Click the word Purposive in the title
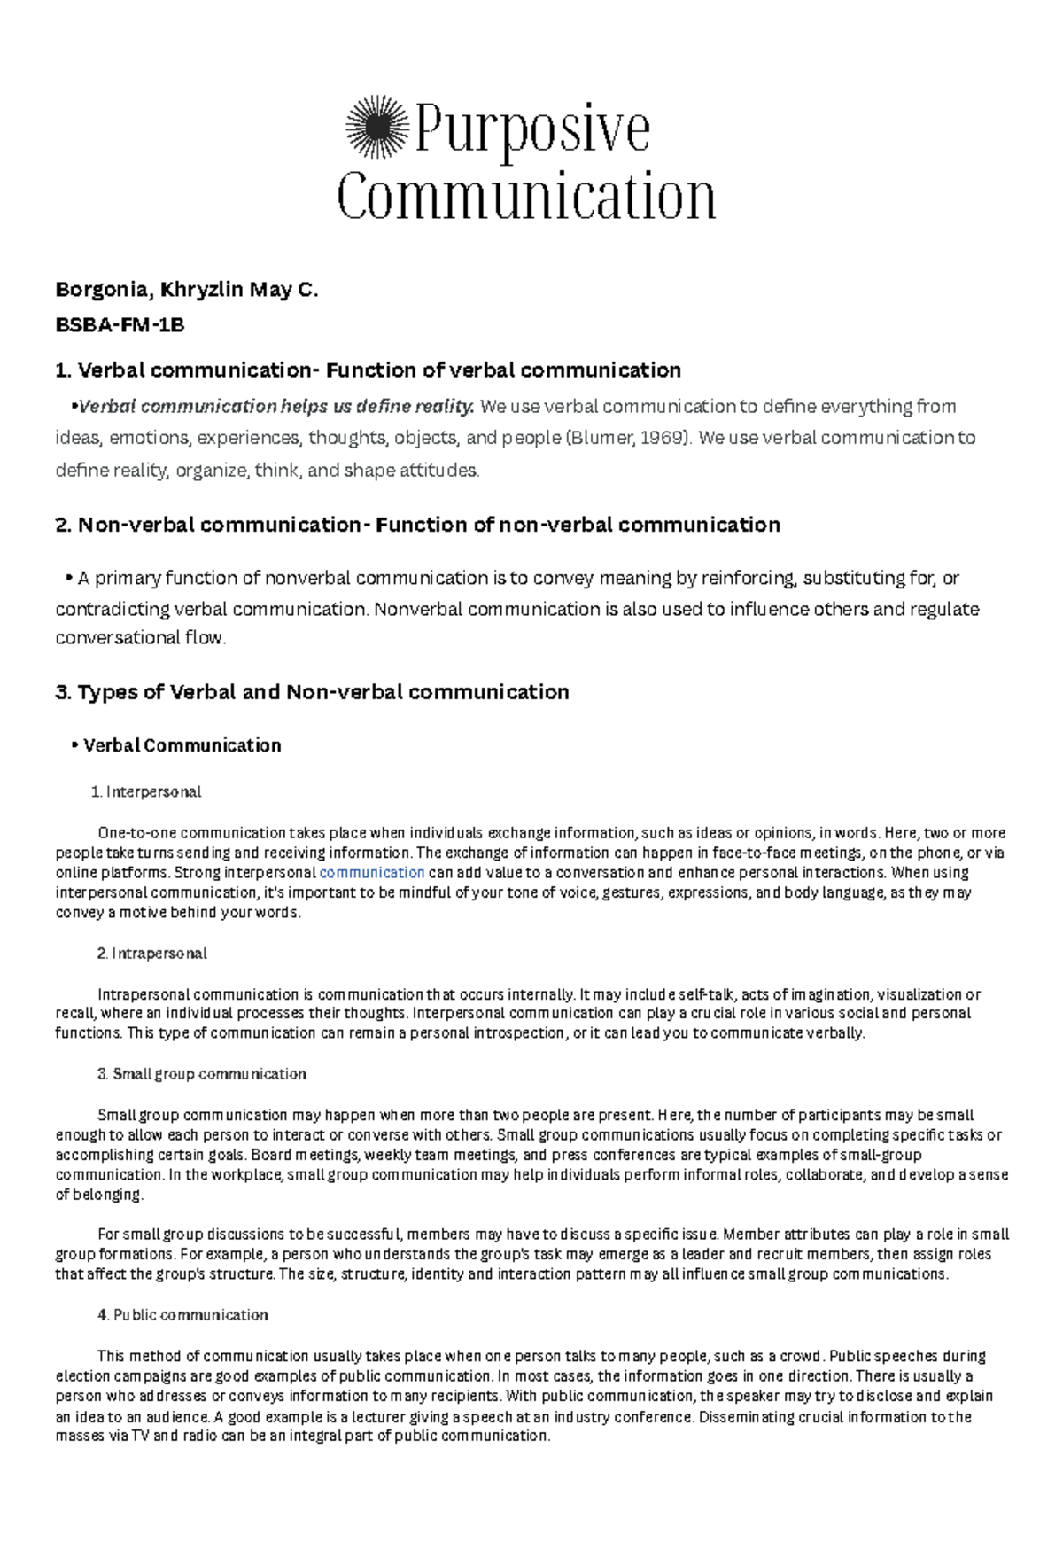click(x=531, y=129)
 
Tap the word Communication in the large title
click(x=526, y=197)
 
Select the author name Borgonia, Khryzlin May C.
click(x=186, y=290)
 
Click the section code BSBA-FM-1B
click(x=120, y=325)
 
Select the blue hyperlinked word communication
click(x=371, y=873)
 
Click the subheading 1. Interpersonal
click(x=146, y=791)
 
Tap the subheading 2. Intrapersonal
click(x=151, y=954)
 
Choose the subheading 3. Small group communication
click(x=201, y=1074)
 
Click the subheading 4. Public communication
click(x=182, y=1315)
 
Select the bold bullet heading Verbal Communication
click(x=182, y=745)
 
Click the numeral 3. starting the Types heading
click(x=63, y=692)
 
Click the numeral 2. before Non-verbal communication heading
click(x=63, y=525)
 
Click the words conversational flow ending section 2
click(x=140, y=638)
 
